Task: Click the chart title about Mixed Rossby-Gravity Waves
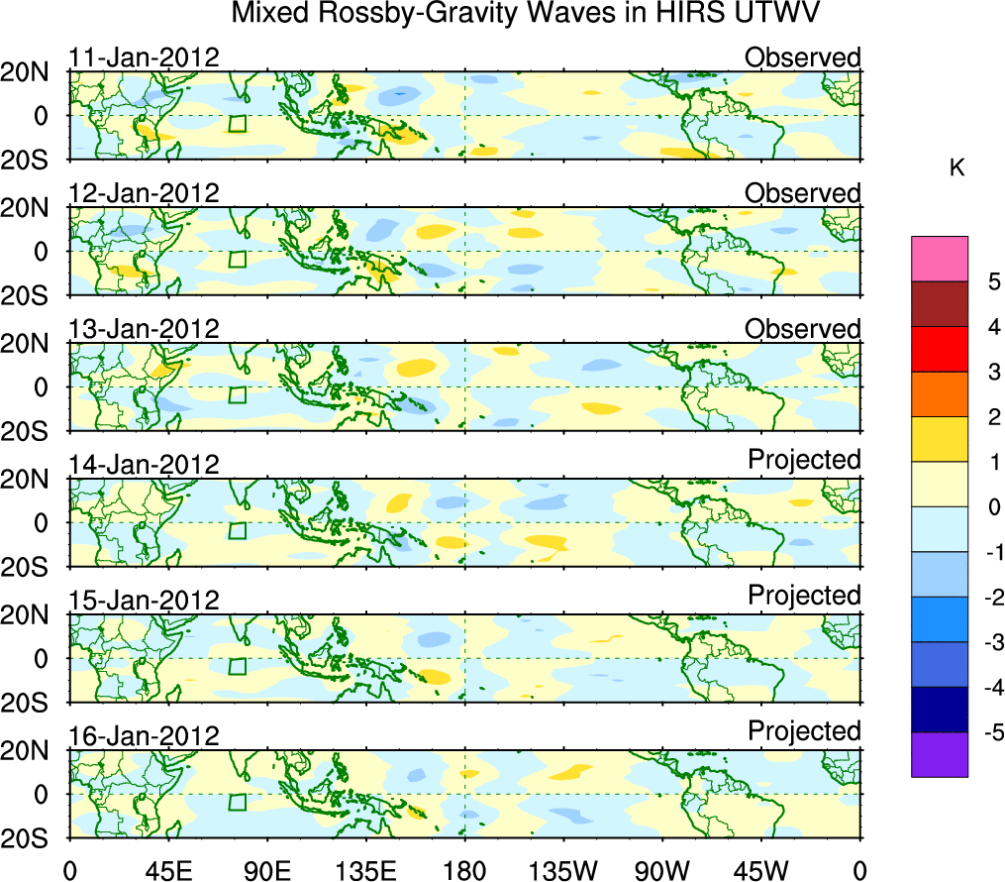(526, 14)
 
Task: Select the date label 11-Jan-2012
(144, 56)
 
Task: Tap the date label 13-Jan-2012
(144, 328)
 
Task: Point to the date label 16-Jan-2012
(144, 735)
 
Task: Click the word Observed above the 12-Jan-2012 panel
(803, 193)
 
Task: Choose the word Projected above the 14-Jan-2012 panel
(804, 460)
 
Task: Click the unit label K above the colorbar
(957, 168)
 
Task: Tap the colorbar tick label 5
(992, 281)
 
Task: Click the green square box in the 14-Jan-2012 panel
(237, 531)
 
